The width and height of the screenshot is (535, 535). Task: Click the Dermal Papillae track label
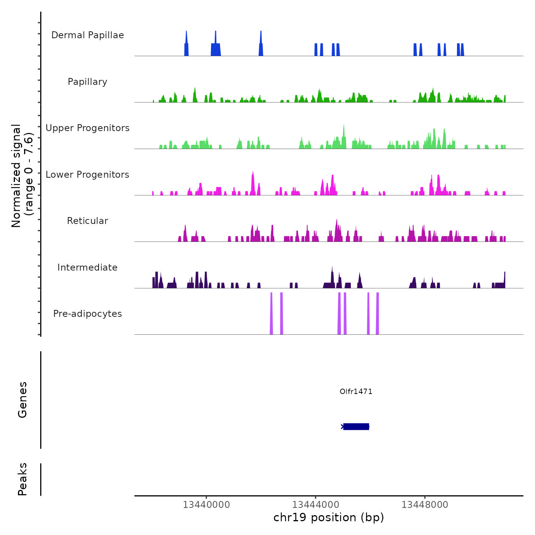(x=88, y=35)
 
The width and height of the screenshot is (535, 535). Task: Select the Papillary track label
(x=88, y=82)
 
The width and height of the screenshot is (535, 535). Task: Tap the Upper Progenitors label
(x=88, y=128)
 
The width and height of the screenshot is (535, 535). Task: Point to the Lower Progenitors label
(x=88, y=175)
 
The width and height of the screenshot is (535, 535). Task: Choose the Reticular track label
(x=88, y=221)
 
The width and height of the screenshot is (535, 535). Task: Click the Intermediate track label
(x=88, y=267)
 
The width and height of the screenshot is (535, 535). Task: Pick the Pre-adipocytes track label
(x=88, y=314)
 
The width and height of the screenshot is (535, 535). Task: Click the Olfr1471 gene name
(x=356, y=391)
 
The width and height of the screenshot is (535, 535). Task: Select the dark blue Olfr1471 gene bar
(x=356, y=426)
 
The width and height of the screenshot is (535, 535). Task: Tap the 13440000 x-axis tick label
(x=206, y=504)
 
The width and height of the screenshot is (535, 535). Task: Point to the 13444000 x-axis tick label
(x=316, y=504)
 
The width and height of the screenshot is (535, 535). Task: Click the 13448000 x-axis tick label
(x=425, y=504)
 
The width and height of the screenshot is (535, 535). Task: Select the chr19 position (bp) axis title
(x=329, y=517)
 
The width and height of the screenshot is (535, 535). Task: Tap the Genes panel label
(x=22, y=400)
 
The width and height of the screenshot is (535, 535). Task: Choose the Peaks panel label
(x=22, y=479)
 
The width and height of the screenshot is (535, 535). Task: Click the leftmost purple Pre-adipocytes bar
(x=271, y=313)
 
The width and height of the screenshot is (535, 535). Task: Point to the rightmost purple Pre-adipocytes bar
(x=377, y=313)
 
